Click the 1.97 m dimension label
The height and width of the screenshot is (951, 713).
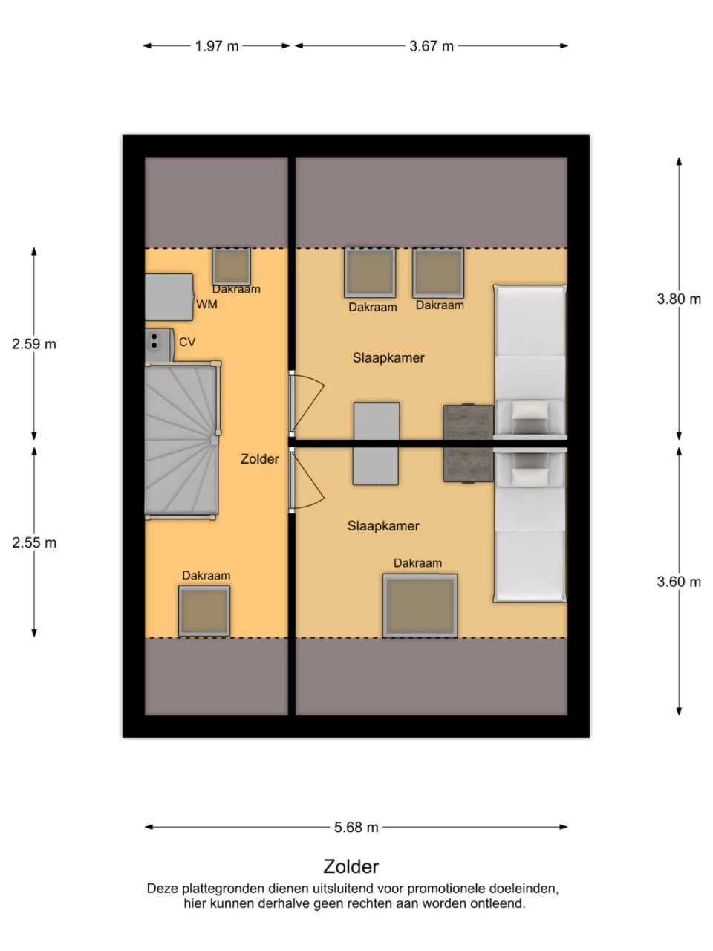[216, 46]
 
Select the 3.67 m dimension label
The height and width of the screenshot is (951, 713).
[432, 46]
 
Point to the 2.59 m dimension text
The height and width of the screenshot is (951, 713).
[34, 344]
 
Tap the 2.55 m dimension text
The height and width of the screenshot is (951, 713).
[34, 542]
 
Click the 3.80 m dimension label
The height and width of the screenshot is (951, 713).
[679, 299]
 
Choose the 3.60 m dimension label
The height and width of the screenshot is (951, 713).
[679, 582]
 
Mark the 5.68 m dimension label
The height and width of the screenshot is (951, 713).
[356, 827]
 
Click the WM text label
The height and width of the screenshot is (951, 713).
[206, 305]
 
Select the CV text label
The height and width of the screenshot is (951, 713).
[187, 343]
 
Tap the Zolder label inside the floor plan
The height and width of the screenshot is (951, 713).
[260, 459]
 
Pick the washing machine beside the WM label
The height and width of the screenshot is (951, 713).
[169, 297]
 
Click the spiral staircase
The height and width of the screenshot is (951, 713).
[182, 440]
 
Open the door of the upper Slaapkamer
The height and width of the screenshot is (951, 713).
[307, 403]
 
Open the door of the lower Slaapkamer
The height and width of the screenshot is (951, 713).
[307, 480]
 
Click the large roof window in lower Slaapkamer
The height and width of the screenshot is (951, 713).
[420, 606]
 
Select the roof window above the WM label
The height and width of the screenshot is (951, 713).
[231, 267]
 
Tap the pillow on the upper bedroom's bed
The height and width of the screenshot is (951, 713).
[530, 410]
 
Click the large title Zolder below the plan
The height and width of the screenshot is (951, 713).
[351, 866]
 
